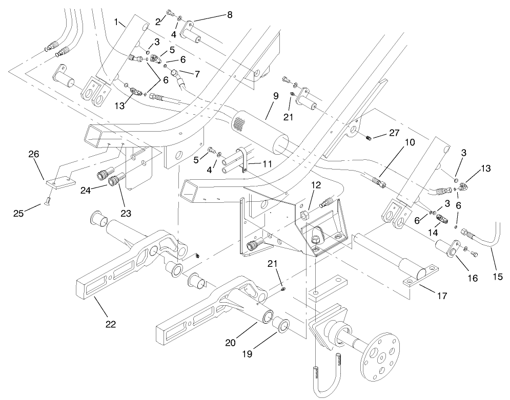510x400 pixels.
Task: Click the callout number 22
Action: tap(111, 324)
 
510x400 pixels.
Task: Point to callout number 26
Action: tap(34, 154)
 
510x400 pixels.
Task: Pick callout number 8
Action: tap(229, 15)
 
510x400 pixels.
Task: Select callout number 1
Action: tap(117, 22)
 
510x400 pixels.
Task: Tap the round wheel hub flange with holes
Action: tap(380, 359)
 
